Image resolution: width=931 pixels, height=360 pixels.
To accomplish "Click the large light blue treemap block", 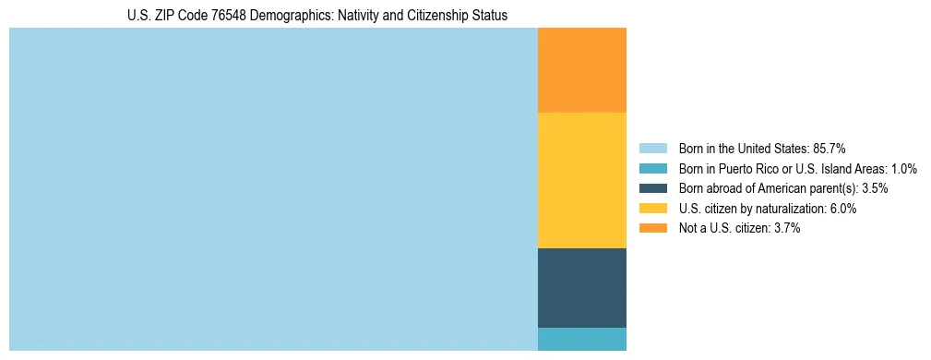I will point(273,189).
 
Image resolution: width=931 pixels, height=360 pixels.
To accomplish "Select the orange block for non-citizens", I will point(581,70).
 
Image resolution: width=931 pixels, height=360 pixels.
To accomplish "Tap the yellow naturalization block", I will point(581,180).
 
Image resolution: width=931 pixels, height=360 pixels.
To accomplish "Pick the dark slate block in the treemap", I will point(581,288).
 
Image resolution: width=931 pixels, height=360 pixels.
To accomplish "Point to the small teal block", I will point(581,339).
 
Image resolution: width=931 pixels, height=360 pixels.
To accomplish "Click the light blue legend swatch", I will point(652,149).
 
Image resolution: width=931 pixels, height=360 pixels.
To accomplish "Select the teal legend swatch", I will point(652,169).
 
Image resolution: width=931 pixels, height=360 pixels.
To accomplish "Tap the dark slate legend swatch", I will point(652,188).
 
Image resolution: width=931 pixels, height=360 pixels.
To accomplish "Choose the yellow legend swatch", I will point(652,209).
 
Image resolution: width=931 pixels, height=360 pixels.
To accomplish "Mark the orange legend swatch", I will point(652,228).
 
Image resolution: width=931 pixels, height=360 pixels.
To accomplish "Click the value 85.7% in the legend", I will point(829,149).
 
